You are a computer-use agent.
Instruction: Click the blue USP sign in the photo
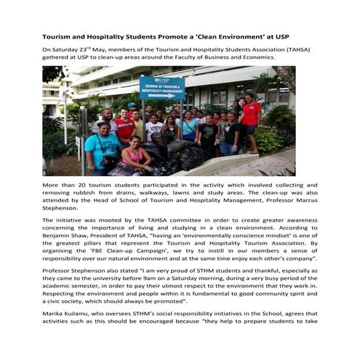pos(161,87)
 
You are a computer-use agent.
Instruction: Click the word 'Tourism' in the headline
pos(59,35)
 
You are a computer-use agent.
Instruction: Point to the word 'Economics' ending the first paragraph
pos(279,58)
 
